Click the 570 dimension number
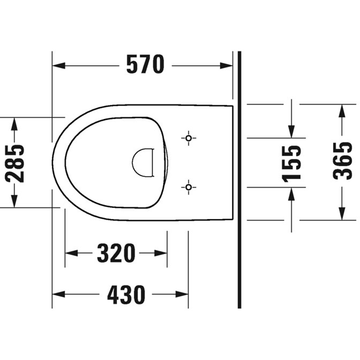[x=145, y=65]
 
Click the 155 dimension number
[x=291, y=163]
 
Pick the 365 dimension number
[x=342, y=161]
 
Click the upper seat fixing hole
[x=188, y=138]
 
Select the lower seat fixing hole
[x=188, y=187]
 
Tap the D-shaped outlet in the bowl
[x=143, y=163]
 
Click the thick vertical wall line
[x=239, y=180]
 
